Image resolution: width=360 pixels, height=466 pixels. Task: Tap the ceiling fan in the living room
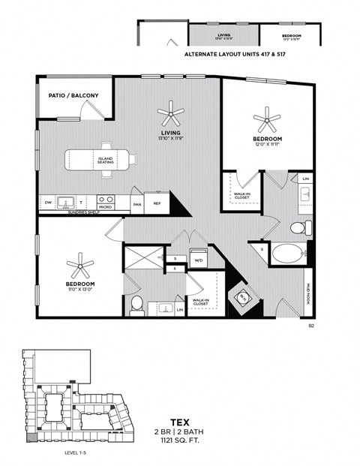171,115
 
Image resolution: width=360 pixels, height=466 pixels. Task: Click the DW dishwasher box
48,203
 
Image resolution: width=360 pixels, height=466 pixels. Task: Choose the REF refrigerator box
157,203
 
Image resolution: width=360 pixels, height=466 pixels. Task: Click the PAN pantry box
137,203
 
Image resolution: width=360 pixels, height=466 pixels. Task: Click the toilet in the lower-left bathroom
136,304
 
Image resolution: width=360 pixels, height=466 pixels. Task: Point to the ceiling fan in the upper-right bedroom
266,118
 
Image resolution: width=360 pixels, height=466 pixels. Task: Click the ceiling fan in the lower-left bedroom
79,263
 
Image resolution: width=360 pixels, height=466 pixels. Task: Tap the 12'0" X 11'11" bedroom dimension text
267,146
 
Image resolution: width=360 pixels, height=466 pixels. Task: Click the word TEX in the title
180,422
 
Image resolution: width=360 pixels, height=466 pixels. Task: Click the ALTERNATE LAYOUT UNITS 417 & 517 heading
229,55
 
